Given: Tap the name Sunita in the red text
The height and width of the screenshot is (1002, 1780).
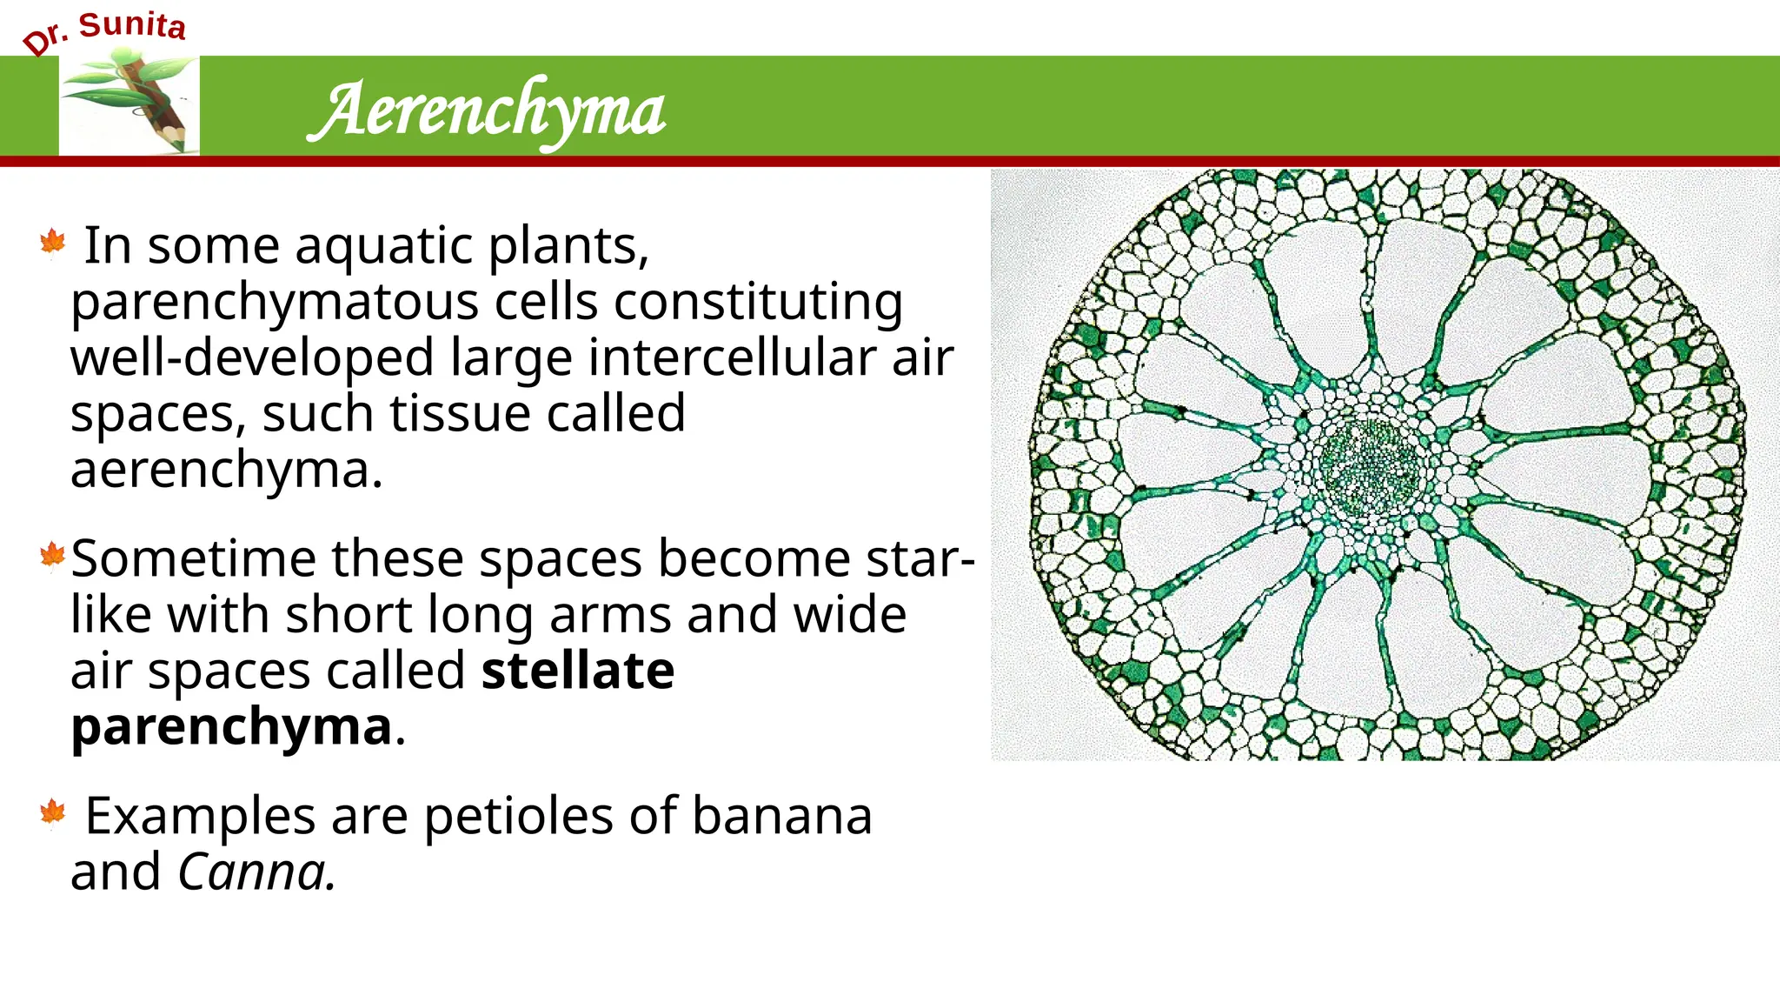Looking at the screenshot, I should (x=132, y=25).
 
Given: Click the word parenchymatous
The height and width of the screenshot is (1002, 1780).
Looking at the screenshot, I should (x=275, y=303).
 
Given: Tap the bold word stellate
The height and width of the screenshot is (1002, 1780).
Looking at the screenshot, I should (x=578, y=671).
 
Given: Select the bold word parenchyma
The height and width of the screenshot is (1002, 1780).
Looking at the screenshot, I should (x=231, y=726).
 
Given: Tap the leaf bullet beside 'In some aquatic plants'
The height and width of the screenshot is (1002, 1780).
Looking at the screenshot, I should (x=53, y=243).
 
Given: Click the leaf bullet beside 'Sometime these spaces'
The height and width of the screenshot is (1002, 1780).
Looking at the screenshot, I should (x=53, y=555).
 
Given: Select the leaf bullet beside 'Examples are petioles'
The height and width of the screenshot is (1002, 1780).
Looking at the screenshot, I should (x=53, y=812).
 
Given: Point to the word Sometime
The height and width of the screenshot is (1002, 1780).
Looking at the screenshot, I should (x=193, y=558).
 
